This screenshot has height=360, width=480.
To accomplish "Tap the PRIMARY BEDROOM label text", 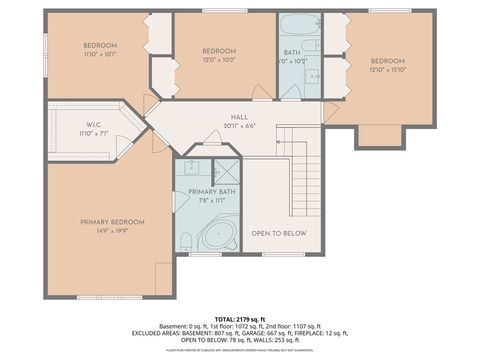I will point(112,222).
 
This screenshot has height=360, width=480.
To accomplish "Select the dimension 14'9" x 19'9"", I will point(112,231).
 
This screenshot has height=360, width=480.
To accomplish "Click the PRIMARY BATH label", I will point(212,191).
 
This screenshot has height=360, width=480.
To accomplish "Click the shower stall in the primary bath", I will point(226,169).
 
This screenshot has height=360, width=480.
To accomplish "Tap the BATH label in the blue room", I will point(292,52).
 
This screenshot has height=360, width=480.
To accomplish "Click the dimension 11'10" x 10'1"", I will point(100,55).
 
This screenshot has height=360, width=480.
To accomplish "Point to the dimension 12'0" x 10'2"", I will point(219,60).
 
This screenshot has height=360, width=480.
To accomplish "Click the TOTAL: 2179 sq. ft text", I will point(240,317).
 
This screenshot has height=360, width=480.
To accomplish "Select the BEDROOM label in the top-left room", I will point(100,45).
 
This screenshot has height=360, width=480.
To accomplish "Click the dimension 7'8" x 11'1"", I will point(212,200).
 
